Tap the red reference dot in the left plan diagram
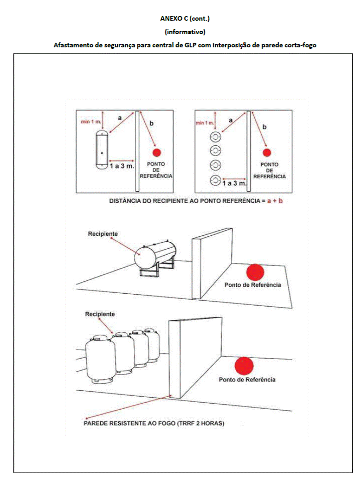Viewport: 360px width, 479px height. (157, 152)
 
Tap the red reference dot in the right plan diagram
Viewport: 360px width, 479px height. (267, 152)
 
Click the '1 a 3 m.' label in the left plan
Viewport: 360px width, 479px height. (121, 166)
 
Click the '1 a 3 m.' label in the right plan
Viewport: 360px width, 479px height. (234, 183)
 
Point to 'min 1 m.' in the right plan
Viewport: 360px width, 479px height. (205, 123)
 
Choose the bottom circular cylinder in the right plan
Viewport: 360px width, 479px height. (215, 180)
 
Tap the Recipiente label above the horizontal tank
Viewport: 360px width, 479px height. (103, 234)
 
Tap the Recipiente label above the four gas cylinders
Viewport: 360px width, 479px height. (100, 314)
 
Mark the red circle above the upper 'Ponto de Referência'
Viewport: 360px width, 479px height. (255, 272)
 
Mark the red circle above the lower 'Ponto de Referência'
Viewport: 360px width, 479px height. (244, 366)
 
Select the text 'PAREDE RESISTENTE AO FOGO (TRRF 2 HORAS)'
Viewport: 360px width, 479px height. (154, 423)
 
